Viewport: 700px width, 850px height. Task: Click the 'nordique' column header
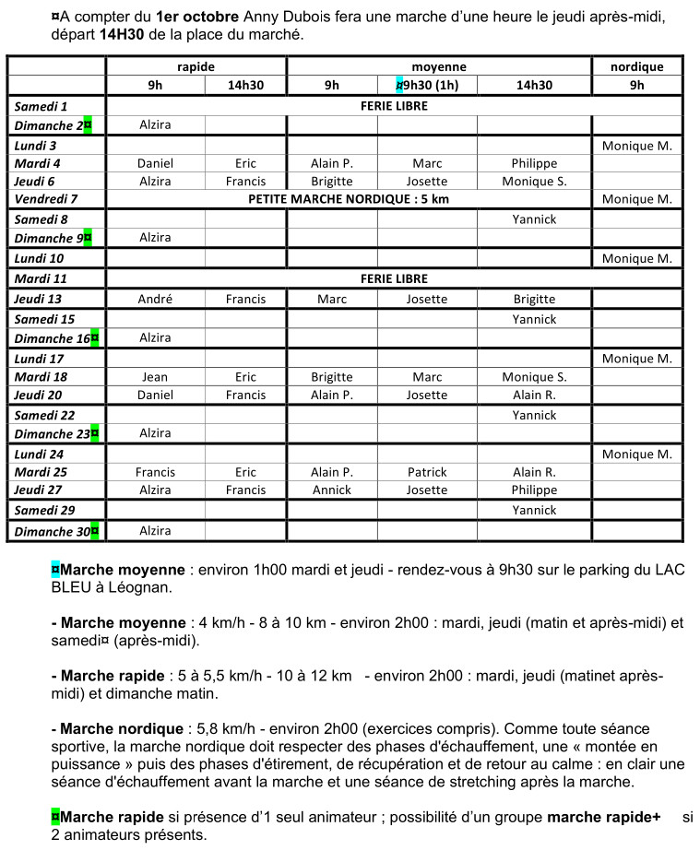coord(636,66)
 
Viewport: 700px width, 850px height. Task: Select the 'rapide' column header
coord(196,66)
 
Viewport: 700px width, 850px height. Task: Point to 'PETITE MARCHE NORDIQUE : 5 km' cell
coord(349,199)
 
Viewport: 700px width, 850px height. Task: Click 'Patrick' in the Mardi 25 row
coord(427,472)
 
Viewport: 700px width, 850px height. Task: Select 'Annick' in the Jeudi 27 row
coord(331,490)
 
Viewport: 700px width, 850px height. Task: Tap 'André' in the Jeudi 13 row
coord(155,299)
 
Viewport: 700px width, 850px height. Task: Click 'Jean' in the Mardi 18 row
coord(155,377)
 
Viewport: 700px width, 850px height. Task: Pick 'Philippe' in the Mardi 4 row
coord(534,163)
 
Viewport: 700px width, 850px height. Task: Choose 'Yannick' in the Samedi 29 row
coord(534,510)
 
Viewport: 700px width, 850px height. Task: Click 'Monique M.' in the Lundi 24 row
coord(636,455)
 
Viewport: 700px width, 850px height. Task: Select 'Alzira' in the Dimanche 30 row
coord(155,530)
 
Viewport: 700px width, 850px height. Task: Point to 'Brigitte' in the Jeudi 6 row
coord(331,182)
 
